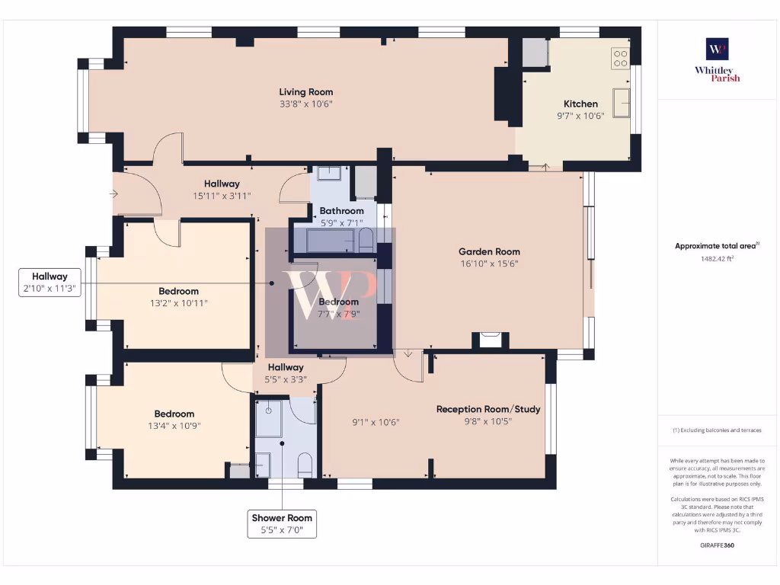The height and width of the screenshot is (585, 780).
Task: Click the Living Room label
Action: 305,92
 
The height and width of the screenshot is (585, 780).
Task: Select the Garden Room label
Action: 489,251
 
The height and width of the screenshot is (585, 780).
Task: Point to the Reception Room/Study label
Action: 488,409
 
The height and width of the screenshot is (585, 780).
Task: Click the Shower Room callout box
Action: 282,524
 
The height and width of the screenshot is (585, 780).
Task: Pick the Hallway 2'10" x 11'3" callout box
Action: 50,283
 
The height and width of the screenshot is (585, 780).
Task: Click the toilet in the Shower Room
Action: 305,465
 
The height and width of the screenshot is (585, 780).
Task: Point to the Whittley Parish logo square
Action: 717,50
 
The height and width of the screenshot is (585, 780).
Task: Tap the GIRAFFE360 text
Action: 717,545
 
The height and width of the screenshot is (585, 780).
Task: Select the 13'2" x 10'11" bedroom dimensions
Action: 179,303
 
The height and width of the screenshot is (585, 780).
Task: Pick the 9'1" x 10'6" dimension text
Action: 376,422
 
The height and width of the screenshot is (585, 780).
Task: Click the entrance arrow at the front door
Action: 114,194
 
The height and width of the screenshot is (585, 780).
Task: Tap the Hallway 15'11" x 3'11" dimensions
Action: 222,195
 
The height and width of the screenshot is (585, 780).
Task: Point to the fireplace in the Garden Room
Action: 491,340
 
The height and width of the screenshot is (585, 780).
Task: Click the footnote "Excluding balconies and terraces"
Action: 717,430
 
